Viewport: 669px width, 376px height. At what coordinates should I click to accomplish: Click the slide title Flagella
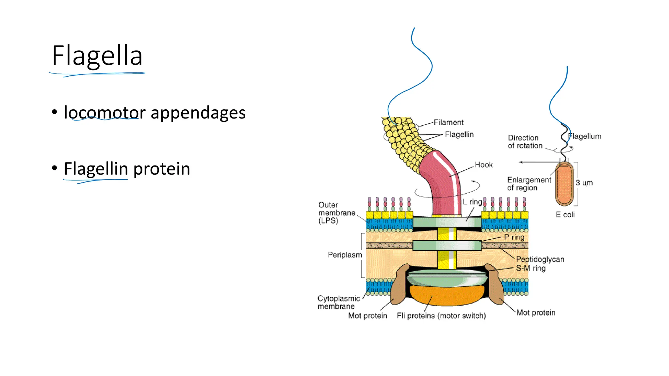97,56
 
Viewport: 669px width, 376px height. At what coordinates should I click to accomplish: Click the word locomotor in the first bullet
105,113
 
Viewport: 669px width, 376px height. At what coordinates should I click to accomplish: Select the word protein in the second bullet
162,169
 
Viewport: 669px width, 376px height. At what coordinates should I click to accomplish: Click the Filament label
448,122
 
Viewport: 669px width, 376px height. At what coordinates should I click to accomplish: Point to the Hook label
483,165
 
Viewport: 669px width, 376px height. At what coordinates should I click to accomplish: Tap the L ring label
472,202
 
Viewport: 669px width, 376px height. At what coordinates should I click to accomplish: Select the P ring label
514,237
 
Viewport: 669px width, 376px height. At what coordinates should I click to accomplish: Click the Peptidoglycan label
540,259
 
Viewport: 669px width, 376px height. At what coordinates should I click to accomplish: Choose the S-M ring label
530,268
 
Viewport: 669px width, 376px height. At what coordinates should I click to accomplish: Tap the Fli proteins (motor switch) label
441,316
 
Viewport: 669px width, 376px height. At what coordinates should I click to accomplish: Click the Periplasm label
345,255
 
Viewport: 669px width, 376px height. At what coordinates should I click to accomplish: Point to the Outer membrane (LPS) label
336,212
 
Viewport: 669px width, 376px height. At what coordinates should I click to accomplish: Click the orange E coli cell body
564,184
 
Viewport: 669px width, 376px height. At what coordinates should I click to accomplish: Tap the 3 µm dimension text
584,183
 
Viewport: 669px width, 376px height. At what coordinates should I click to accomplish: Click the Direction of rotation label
525,142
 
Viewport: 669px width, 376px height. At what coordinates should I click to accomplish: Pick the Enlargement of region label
529,183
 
